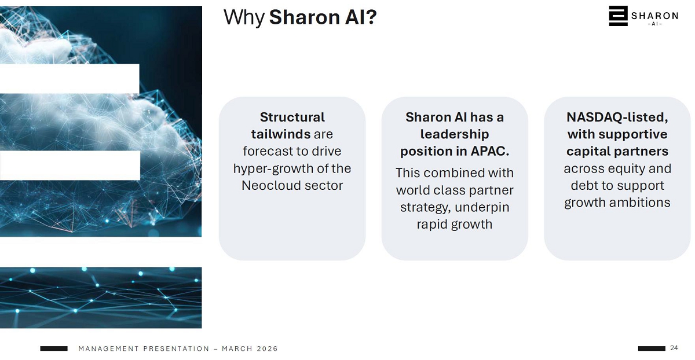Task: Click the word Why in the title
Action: point(244,18)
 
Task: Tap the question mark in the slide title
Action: point(371,17)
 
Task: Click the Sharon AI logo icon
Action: point(618,16)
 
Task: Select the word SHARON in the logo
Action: point(654,16)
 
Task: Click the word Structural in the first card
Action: point(292,117)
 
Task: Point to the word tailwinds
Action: point(281,134)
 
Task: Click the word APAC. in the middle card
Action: point(490,151)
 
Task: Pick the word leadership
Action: point(455,135)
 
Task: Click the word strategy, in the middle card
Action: point(425,207)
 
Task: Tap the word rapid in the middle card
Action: point(432,225)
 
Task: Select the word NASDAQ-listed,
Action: point(617,117)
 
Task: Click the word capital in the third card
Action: point(588,152)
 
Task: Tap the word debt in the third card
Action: point(584,185)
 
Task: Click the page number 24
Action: point(674,348)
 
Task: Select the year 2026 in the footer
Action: point(267,349)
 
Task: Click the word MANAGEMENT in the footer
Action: point(109,349)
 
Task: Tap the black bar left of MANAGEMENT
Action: point(54,348)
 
